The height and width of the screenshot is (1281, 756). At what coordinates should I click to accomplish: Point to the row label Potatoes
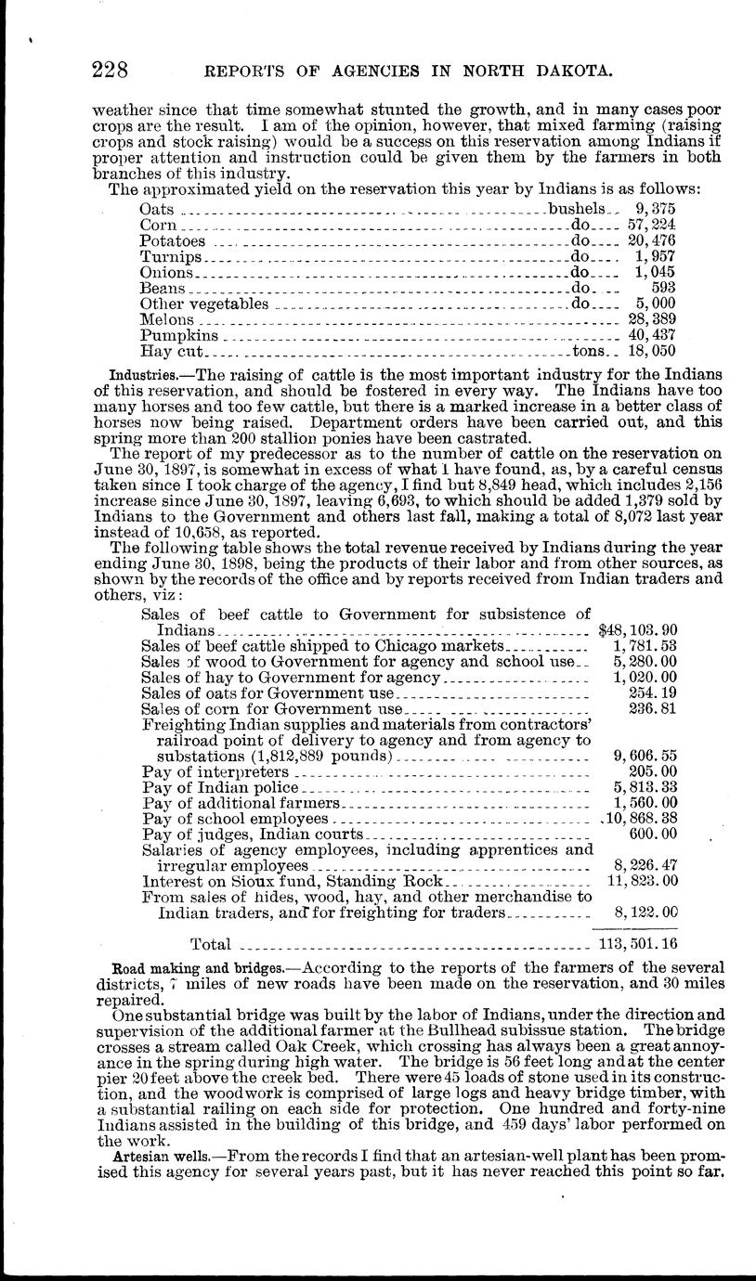(x=172, y=241)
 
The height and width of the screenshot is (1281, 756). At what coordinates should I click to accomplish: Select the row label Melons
(x=166, y=319)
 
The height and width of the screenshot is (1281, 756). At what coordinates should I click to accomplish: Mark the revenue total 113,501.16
(x=638, y=945)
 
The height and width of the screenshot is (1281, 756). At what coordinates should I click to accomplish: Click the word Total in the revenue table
(x=211, y=945)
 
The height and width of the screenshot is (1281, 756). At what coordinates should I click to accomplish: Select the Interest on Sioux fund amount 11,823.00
(x=642, y=881)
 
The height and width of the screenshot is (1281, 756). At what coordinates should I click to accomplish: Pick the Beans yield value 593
(x=663, y=289)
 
